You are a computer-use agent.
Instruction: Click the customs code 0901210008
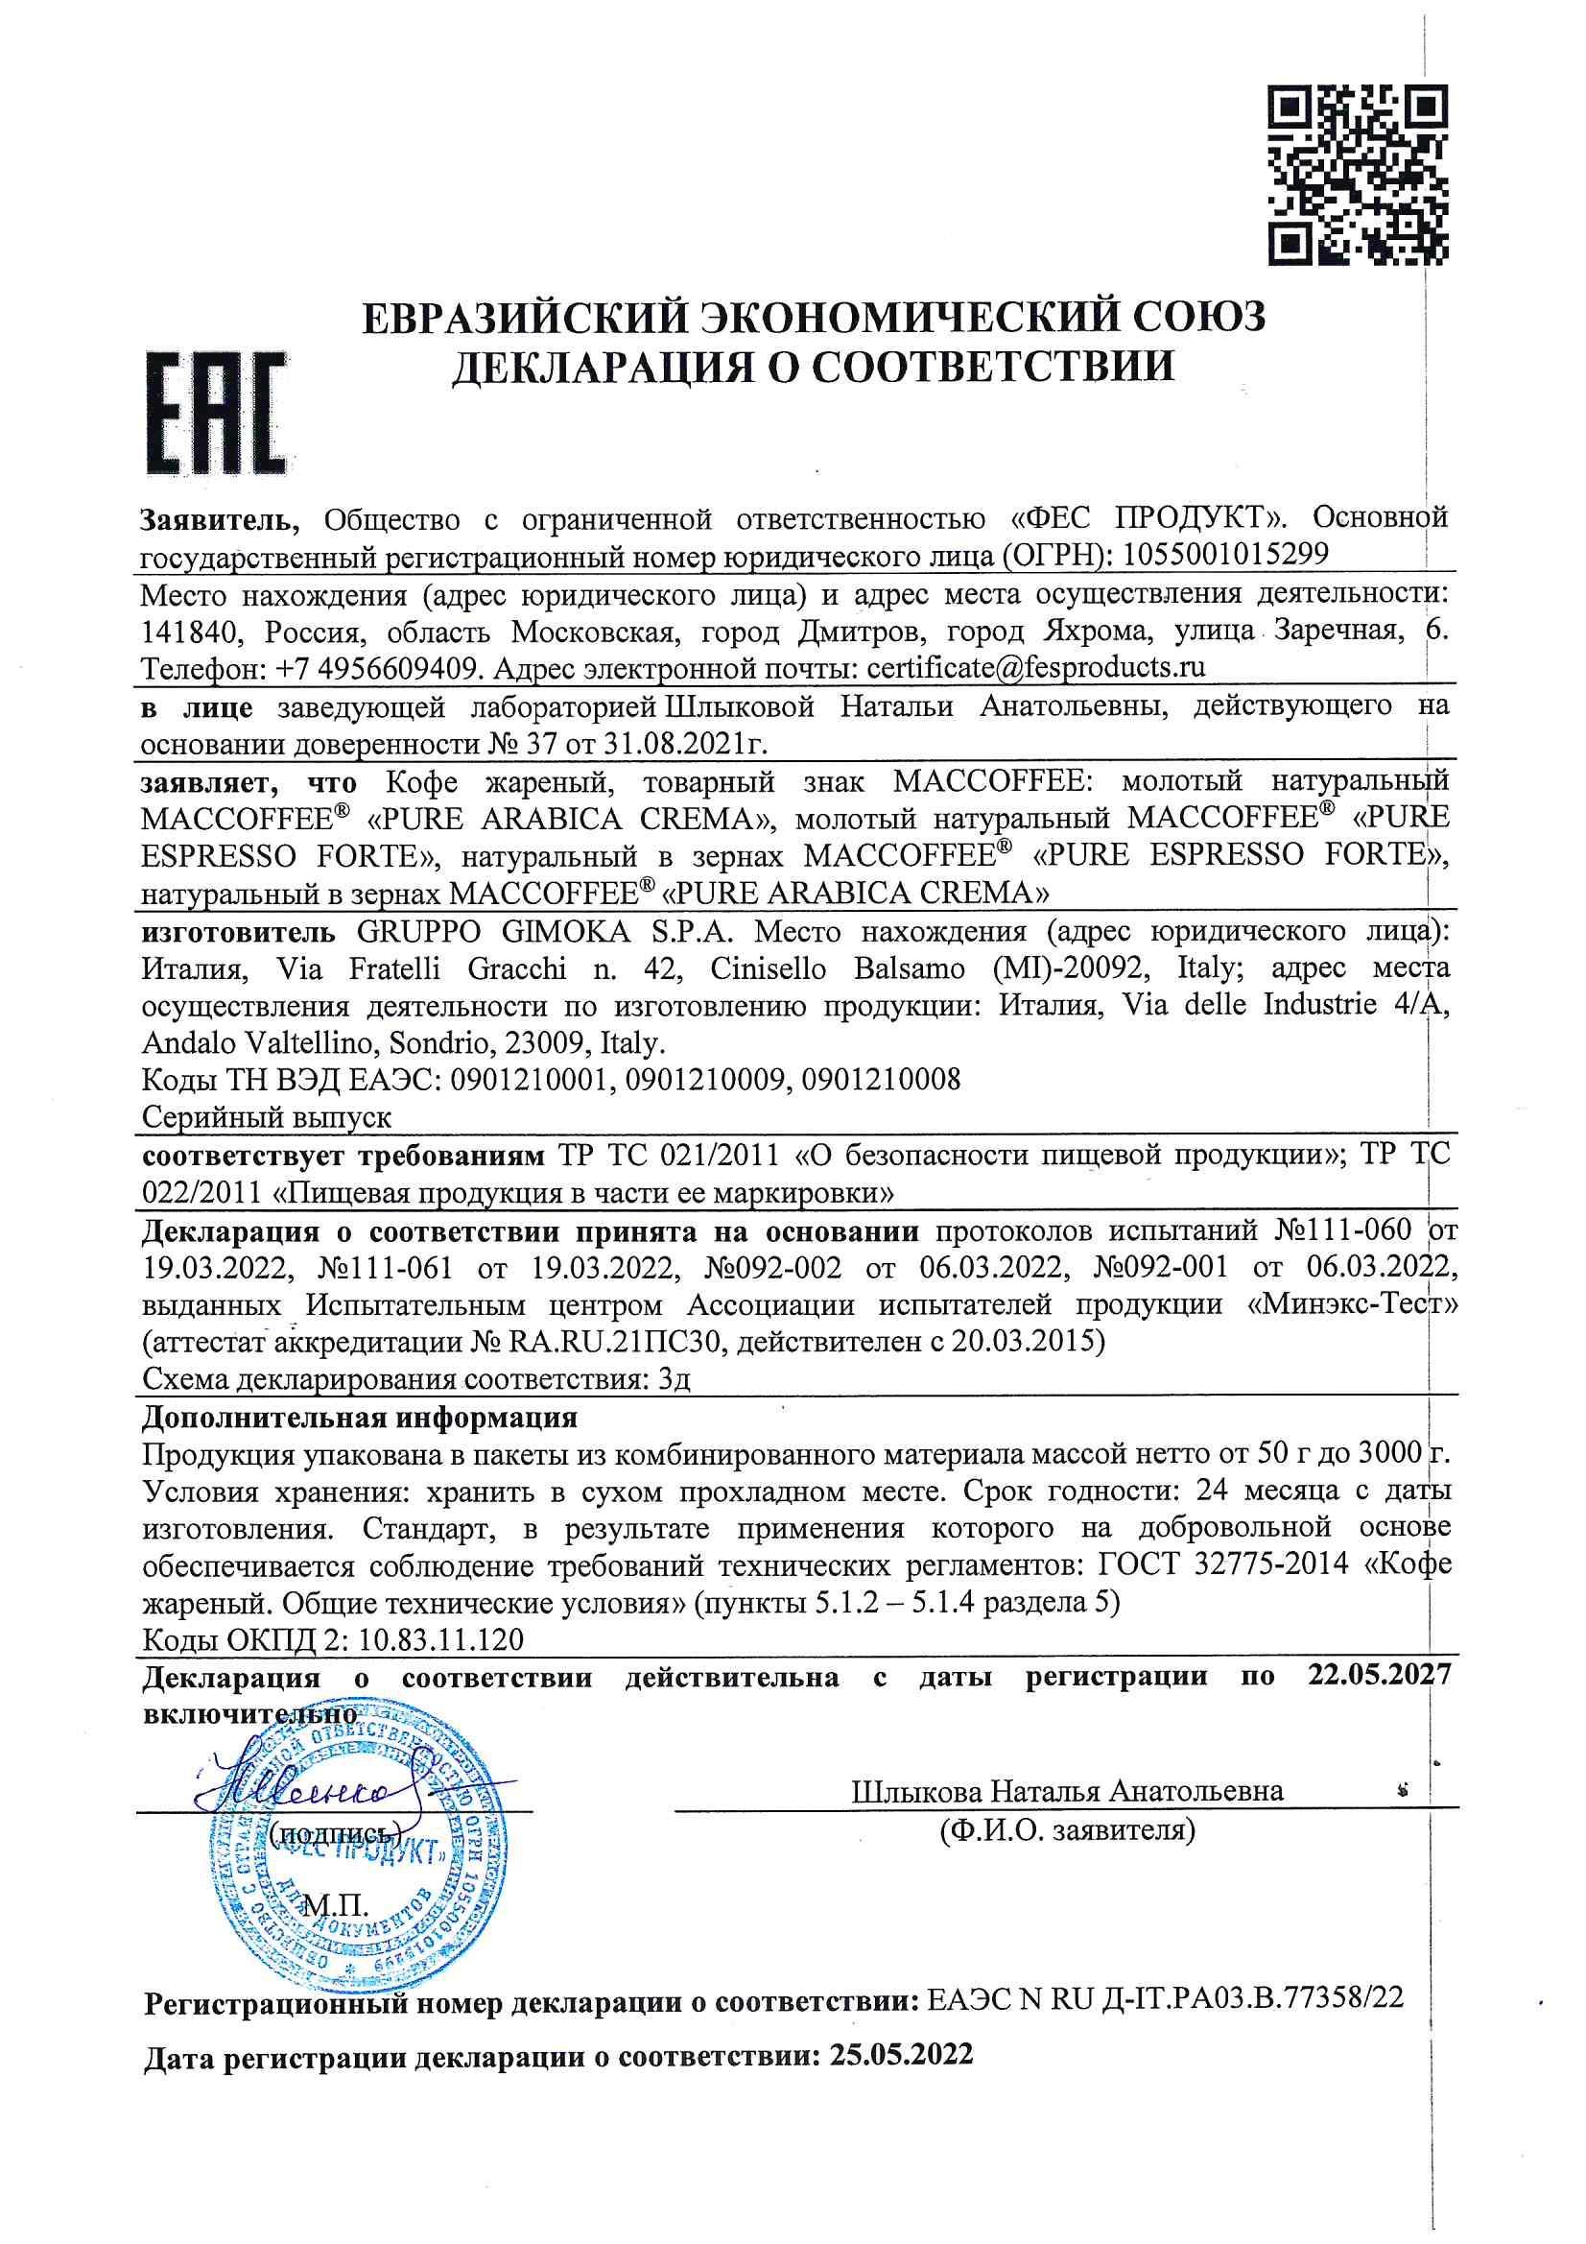tap(880, 1080)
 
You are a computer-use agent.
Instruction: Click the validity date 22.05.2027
tap(1378, 1677)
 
